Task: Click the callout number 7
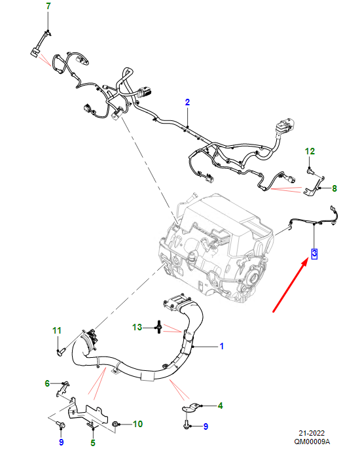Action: [48, 6]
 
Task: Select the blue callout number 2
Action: [187, 102]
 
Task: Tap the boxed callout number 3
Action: [314, 253]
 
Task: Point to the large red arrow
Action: [291, 285]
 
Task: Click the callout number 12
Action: [310, 151]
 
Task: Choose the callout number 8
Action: [334, 188]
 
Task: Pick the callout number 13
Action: [137, 327]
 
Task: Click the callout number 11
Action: [57, 330]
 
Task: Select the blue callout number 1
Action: [221, 346]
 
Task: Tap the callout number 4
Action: [221, 406]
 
